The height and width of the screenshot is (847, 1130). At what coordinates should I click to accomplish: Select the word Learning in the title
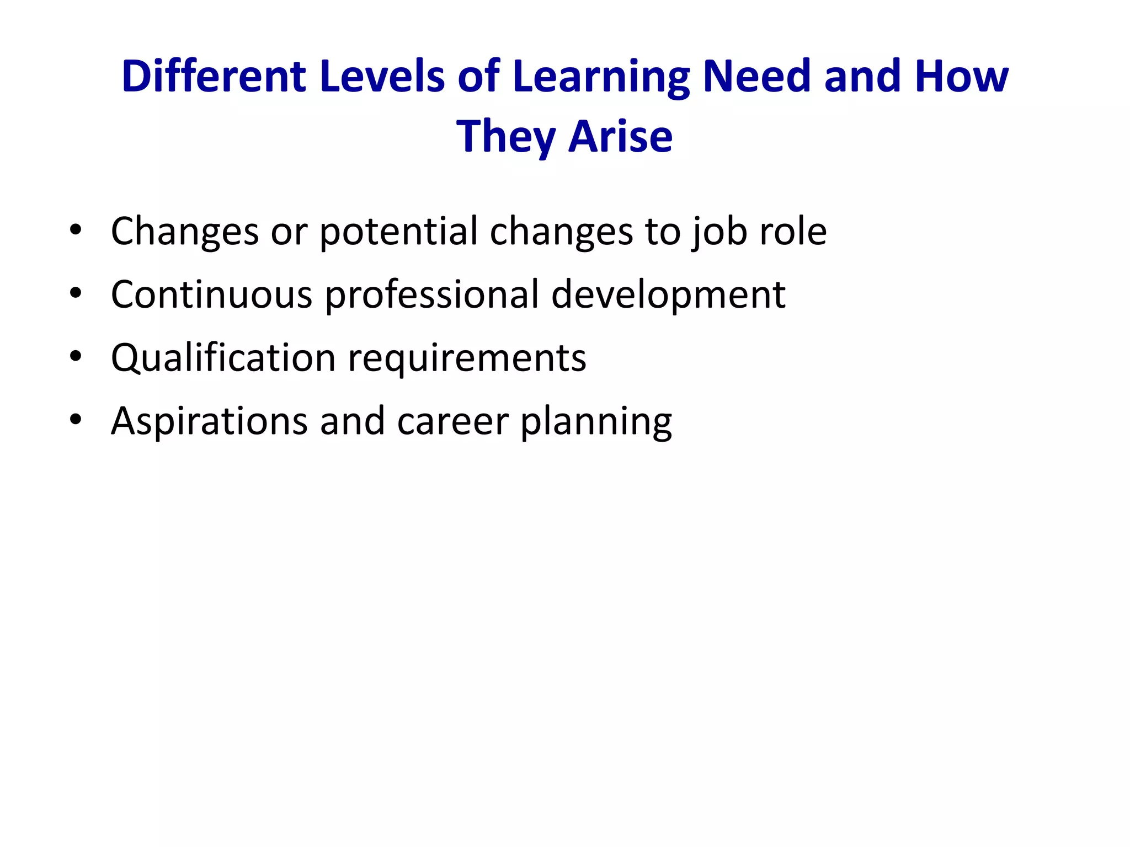pos(601,77)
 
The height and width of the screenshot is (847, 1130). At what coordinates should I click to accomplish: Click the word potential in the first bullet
pos(398,231)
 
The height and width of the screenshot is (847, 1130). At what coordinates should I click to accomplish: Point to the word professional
pos(431,295)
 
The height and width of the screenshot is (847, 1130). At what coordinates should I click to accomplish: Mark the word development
pos(668,295)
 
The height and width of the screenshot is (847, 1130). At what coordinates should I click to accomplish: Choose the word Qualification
pos(223,358)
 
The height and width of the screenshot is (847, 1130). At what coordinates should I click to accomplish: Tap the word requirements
pos(467,359)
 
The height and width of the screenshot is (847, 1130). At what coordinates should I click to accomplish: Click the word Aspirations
pos(209,421)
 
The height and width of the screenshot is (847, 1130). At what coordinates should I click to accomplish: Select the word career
pos(452,421)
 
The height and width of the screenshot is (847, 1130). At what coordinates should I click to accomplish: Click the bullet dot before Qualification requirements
pos(76,357)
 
